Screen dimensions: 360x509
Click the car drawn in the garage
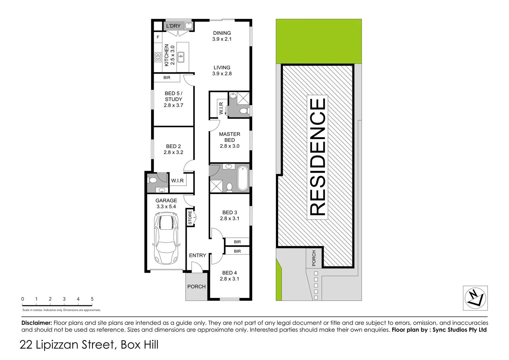[x=166, y=239]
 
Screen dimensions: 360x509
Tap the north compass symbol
[x=475, y=298]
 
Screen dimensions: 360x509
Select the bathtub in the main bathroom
[x=243, y=178]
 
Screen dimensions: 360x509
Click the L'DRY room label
[x=173, y=26]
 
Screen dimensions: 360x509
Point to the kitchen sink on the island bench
[x=181, y=57]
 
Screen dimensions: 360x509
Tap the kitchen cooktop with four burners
[x=158, y=57]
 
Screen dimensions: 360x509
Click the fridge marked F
[x=158, y=37]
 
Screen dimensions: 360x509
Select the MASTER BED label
[x=229, y=137]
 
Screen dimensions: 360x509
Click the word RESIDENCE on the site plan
[x=317, y=157]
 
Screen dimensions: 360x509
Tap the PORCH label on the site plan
[x=314, y=258]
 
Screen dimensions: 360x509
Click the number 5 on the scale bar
[x=92, y=299]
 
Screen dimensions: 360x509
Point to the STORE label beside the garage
[x=190, y=217]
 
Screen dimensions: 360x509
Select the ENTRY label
[x=197, y=255]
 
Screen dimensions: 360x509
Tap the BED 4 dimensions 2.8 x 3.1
[x=229, y=279]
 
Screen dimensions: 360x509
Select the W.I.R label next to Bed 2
[x=177, y=181]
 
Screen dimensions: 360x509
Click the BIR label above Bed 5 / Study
[x=167, y=78]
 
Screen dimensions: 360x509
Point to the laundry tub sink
[x=189, y=26]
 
